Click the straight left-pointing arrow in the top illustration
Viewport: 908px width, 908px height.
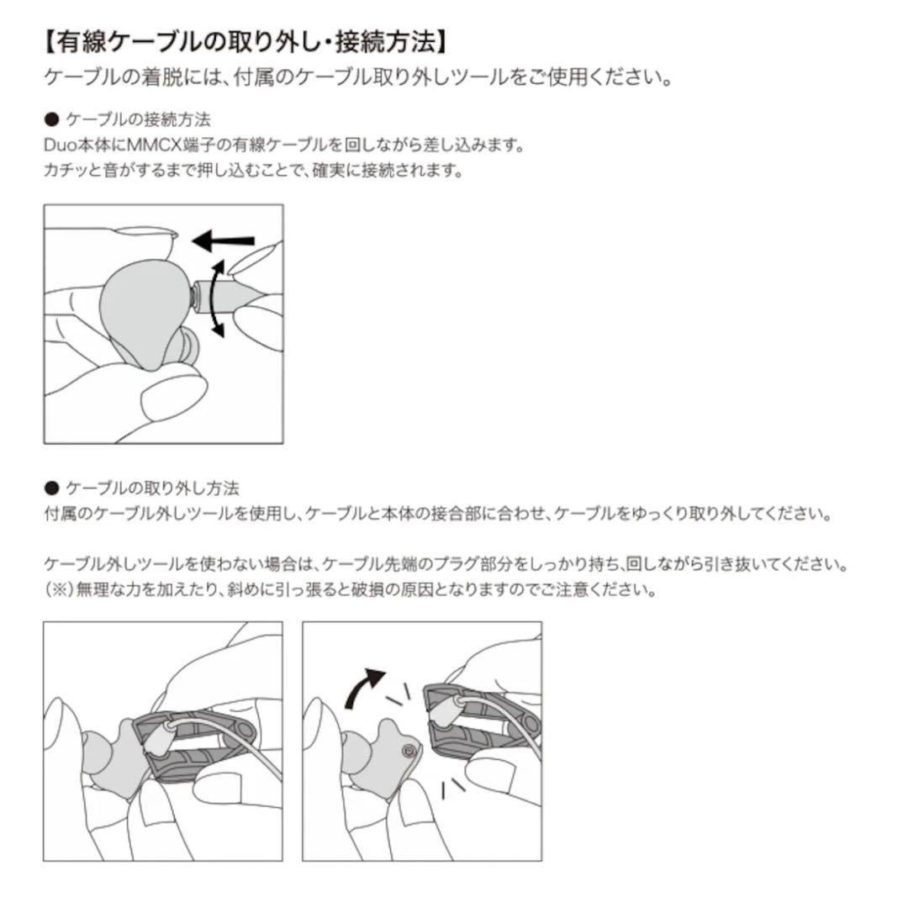(x=223, y=241)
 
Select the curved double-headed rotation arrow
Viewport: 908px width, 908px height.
(x=217, y=298)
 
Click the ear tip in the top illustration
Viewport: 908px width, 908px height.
(x=186, y=346)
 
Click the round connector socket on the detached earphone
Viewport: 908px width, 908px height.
(x=409, y=750)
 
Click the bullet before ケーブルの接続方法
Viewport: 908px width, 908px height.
(x=51, y=119)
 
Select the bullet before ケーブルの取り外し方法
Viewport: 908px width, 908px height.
(x=51, y=488)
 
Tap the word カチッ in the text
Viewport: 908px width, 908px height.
(x=66, y=171)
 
